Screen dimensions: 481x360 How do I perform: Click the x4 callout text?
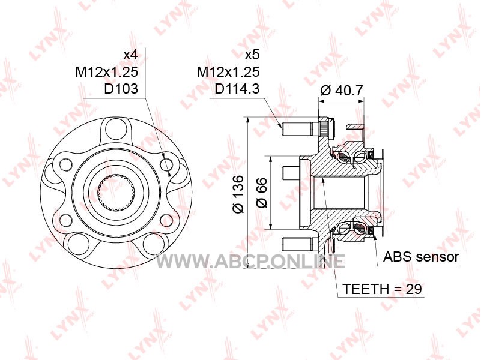pyautogui.click(x=130, y=55)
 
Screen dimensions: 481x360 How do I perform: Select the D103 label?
pyautogui.click(x=121, y=89)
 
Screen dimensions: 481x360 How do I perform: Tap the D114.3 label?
pyautogui.click(x=237, y=89)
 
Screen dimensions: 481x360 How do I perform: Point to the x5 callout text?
pyautogui.click(x=252, y=55)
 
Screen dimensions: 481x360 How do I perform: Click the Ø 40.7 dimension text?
pyautogui.click(x=342, y=90)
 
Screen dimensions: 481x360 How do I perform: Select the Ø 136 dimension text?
pyautogui.click(x=238, y=194)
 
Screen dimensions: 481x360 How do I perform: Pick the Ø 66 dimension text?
pyautogui.click(x=262, y=193)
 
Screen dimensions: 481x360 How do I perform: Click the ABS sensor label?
pyautogui.click(x=421, y=257)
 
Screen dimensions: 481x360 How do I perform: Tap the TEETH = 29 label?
pyautogui.click(x=382, y=289)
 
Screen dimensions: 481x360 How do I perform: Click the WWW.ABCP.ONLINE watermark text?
pyautogui.click(x=250, y=262)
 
